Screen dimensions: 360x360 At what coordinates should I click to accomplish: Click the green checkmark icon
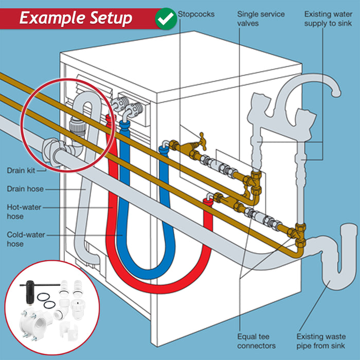click(166, 18)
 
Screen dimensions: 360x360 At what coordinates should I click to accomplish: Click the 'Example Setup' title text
click(76, 19)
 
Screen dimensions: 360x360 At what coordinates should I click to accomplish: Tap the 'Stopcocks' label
click(196, 14)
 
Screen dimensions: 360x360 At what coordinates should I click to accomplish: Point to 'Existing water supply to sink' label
click(328, 19)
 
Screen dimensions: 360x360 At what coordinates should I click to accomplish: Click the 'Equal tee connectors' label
click(257, 341)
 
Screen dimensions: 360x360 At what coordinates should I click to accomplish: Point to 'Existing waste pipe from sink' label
click(320, 341)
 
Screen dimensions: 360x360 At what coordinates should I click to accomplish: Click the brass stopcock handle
click(200, 138)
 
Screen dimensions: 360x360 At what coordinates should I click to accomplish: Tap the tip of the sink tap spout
click(336, 93)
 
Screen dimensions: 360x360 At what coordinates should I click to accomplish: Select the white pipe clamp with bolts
click(37, 325)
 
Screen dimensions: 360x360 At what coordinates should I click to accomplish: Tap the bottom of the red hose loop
click(154, 290)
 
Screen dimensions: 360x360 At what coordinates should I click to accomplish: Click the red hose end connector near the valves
click(208, 196)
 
